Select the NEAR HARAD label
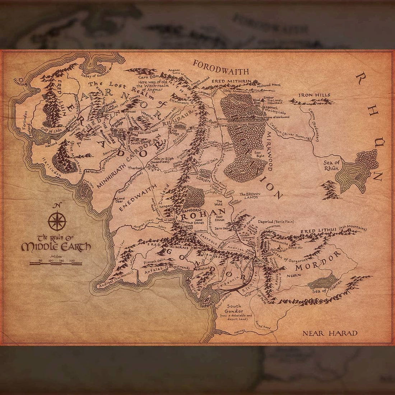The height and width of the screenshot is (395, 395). pyautogui.click(x=330, y=333)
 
